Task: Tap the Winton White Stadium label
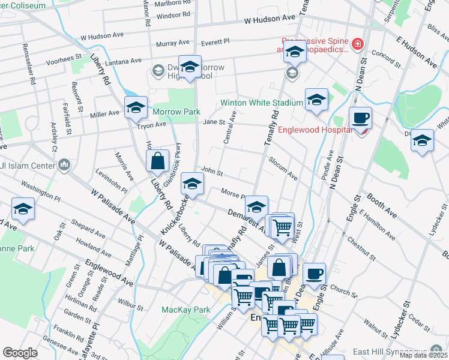coord(261,103)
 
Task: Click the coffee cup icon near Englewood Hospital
coord(360,118)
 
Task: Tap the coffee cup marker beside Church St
coord(314,274)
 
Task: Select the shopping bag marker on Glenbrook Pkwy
coord(157,161)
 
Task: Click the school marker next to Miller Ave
coord(136,108)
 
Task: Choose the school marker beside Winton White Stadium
coord(316,100)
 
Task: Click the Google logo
coord(20,353)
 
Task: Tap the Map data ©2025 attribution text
coord(423,355)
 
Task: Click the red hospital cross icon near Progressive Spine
coord(358,43)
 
